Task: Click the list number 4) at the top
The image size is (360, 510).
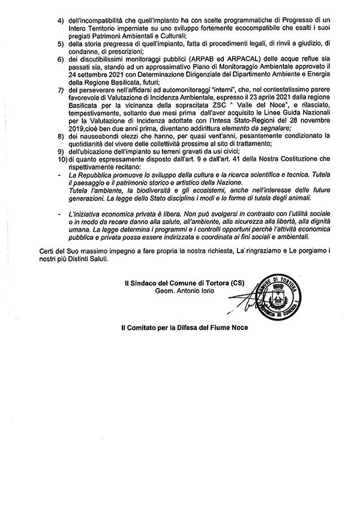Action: (61, 21)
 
